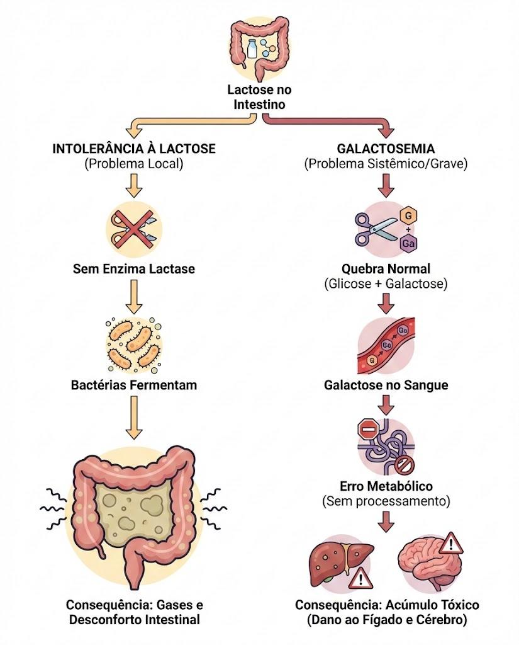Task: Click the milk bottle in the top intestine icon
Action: point(252,49)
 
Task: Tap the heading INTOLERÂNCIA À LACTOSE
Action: point(134,149)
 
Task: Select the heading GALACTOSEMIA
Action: point(386,149)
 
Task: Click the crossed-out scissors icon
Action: point(134,227)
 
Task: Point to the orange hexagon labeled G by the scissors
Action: point(408,215)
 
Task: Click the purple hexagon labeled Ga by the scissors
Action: point(408,243)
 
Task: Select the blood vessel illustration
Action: point(386,346)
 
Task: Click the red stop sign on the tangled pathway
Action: point(368,430)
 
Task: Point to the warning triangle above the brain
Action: point(451,544)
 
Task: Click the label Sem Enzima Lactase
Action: point(134,269)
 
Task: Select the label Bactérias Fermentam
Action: point(134,385)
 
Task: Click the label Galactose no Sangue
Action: point(386,385)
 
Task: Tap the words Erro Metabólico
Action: point(386,486)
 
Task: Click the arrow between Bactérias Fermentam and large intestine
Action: point(134,418)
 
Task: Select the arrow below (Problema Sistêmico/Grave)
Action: point(386,186)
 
